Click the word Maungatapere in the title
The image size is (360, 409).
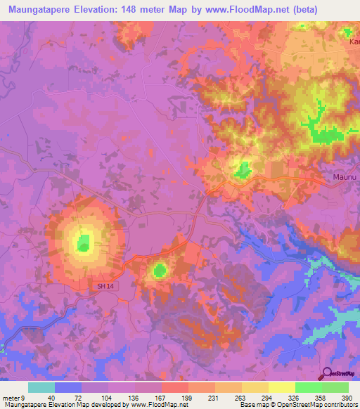[x=43, y=10]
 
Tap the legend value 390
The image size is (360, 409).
[x=348, y=397]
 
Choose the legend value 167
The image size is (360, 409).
[x=162, y=397]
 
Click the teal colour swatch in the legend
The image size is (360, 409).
[x=41, y=387]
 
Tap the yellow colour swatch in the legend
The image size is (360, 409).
[x=282, y=387]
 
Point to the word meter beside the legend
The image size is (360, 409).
[x=11, y=397]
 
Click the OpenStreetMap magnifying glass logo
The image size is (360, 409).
[x=326, y=373]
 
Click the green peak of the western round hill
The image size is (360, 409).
[x=84, y=244]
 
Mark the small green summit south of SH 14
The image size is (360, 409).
[x=160, y=270]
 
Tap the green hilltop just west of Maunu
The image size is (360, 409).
[x=243, y=169]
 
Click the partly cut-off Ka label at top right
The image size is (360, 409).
[x=354, y=41]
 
